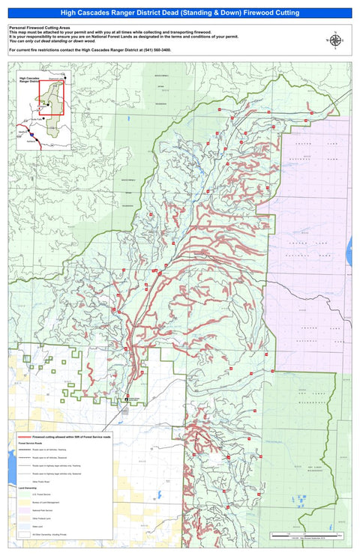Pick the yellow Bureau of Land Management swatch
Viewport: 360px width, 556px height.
[x=22, y=503]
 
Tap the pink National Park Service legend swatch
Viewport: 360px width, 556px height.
[x=22, y=510]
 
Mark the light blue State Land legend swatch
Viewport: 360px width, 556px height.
[x=22, y=527]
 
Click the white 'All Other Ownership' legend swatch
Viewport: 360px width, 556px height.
[x=22, y=534]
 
